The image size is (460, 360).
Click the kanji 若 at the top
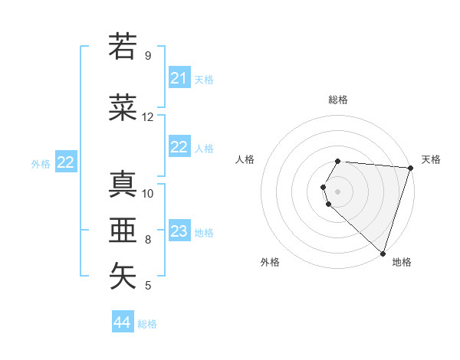(123, 46)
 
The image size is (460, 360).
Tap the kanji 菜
(123, 108)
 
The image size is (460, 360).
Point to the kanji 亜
(123, 231)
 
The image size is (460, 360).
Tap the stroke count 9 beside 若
(148, 56)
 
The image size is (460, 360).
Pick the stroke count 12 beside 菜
(148, 117)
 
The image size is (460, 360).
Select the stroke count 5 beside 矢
(148, 286)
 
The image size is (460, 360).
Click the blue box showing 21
(179, 78)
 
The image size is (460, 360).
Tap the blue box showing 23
(179, 231)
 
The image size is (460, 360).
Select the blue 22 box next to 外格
(66, 162)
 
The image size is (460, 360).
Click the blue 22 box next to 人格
(179, 148)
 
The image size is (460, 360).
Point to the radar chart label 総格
(338, 100)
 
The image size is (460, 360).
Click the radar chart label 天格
(431, 159)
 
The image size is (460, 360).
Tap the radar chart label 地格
(402, 262)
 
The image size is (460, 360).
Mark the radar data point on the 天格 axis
(410, 168)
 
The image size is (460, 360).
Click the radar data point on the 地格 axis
(383, 253)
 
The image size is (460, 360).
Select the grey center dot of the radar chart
(338, 191)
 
